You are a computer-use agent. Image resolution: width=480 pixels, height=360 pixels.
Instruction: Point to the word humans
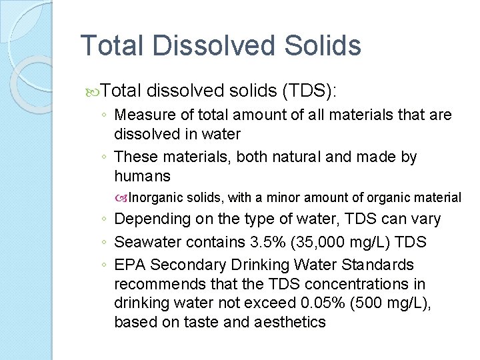[142, 176]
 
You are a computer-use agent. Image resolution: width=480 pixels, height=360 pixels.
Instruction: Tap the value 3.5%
[245, 241]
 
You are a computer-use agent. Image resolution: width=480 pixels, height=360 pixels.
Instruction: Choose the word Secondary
[180, 265]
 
